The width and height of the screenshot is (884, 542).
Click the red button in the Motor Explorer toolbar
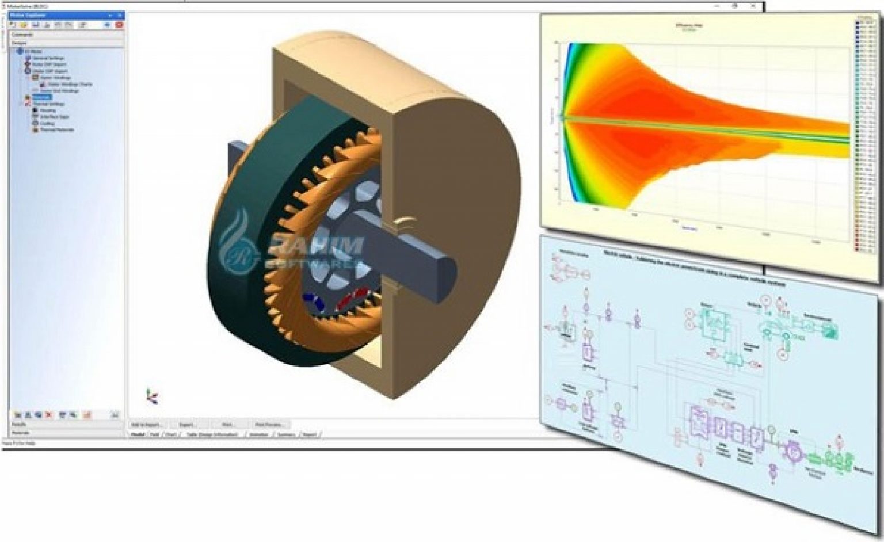click(119, 25)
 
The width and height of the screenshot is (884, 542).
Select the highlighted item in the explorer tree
click(42, 97)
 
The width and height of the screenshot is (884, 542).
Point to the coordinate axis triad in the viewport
click(152, 396)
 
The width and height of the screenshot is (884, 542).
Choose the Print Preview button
click(268, 425)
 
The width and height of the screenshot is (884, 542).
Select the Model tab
click(138, 434)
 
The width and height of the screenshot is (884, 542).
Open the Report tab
click(310, 434)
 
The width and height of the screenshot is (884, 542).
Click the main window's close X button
click(755, 6)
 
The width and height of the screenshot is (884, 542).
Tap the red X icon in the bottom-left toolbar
click(49, 414)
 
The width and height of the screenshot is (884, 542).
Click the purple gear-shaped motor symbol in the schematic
click(794, 452)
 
